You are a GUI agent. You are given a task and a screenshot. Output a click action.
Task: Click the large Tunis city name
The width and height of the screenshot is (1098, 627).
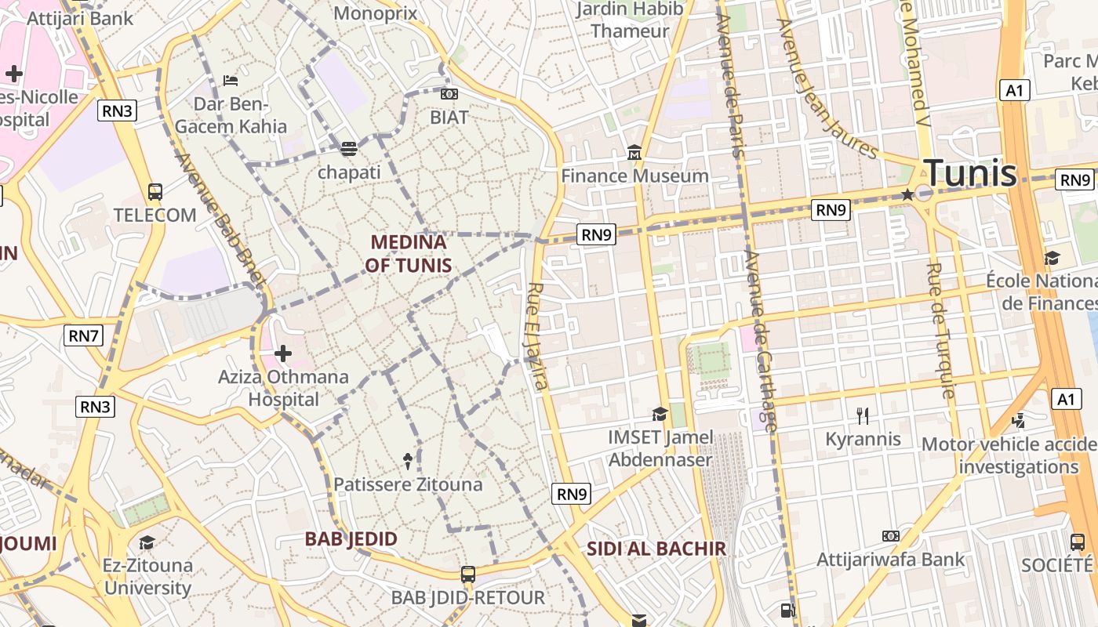coord(970,173)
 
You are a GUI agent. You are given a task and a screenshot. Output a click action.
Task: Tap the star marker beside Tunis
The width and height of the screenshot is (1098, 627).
coord(908,194)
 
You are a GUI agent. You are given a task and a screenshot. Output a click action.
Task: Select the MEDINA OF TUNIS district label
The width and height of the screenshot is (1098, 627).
coord(408,253)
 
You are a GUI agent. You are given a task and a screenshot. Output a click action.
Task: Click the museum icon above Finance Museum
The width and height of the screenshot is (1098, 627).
coord(634,152)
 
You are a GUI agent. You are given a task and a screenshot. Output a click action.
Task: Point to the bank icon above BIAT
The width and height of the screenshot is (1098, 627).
coord(449,94)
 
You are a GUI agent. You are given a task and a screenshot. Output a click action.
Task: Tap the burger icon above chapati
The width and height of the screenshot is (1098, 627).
coord(349,148)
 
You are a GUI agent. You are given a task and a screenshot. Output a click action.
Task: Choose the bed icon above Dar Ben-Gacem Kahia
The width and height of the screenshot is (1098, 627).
coord(231,80)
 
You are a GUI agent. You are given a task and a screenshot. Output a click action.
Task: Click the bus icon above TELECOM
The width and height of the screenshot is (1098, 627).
coord(155,191)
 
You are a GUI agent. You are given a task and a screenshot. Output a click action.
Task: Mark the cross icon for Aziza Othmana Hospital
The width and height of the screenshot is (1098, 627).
coord(283,353)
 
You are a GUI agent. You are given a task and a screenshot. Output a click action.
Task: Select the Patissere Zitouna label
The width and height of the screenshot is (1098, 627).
coord(408,484)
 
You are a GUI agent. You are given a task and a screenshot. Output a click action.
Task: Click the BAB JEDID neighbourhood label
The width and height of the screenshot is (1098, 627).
coord(351,539)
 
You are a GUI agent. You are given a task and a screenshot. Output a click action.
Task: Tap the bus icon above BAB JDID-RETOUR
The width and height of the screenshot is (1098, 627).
coord(468,574)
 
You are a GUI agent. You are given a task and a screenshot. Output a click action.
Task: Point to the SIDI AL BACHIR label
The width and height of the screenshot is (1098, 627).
coord(656,549)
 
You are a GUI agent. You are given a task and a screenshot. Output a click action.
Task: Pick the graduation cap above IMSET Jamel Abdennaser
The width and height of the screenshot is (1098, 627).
coord(660,413)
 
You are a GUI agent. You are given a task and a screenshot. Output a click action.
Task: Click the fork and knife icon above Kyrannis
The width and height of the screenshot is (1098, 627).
coord(863,415)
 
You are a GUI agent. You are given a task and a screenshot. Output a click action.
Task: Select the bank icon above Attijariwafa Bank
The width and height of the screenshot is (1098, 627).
coord(890,536)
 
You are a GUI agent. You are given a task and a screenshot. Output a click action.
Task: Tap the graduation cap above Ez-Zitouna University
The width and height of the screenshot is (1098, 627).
coord(147,542)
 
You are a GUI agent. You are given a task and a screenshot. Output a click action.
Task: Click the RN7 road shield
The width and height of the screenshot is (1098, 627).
coord(84,336)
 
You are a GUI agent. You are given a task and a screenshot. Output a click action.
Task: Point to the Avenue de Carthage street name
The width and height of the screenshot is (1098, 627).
coord(760,341)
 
